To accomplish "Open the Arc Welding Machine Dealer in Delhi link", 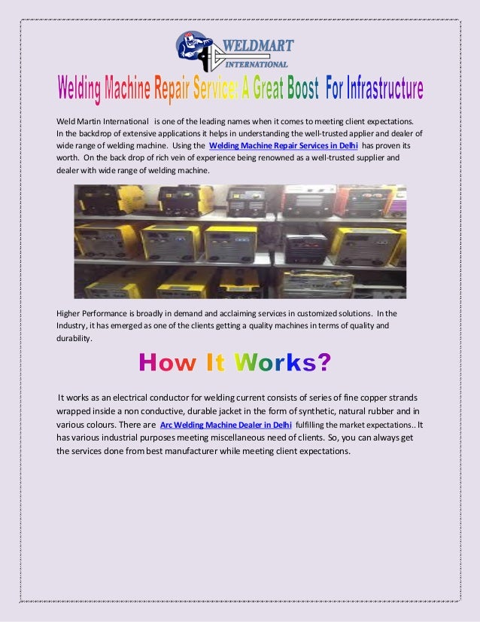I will click(x=226, y=425).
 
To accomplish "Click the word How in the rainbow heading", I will click(x=168, y=363).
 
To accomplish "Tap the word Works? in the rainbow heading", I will click(x=282, y=363).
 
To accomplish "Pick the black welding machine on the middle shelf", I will click(x=305, y=246).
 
